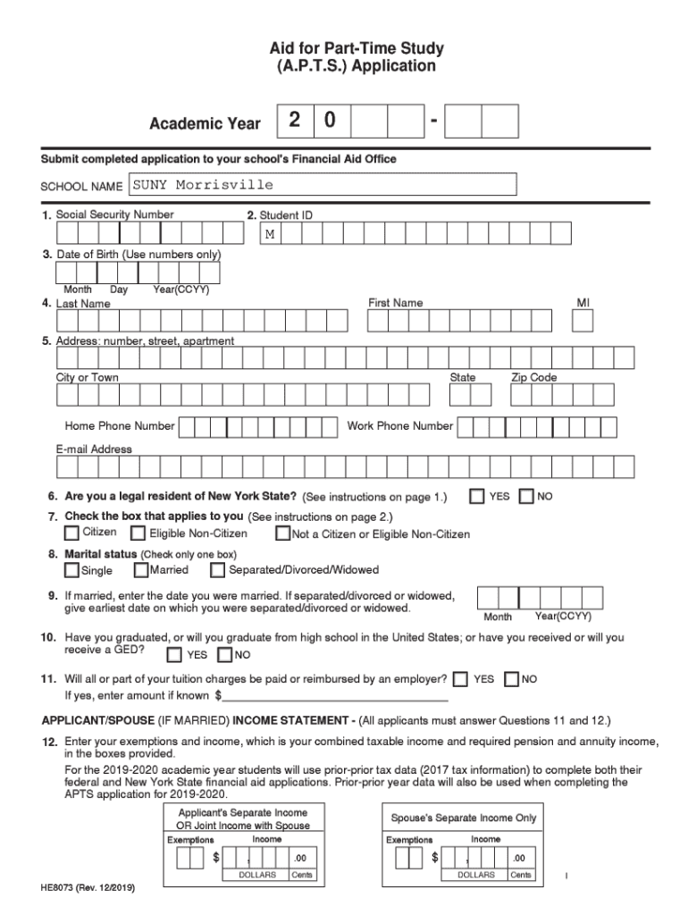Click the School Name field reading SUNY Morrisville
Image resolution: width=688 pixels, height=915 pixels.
pyautogui.click(x=323, y=185)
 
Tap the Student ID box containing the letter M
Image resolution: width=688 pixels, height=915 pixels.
pyautogui.click(x=269, y=234)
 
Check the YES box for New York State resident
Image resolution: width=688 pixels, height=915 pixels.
pyautogui.click(x=478, y=496)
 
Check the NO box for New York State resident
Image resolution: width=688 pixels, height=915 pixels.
pyautogui.click(x=526, y=496)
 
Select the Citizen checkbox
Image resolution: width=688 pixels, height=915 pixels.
pyautogui.click(x=71, y=533)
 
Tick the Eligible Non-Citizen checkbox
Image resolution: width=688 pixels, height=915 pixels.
pyautogui.click(x=138, y=533)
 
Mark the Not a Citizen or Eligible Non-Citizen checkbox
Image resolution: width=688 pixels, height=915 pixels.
pyautogui.click(x=282, y=534)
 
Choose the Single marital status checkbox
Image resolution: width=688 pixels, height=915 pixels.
pyautogui.click(x=71, y=570)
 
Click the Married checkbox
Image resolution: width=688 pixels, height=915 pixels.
pyautogui.click(x=141, y=570)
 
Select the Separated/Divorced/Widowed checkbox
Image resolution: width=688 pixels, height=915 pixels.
pyautogui.click(x=218, y=570)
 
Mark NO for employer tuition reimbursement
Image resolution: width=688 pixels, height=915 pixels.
pyautogui.click(x=512, y=680)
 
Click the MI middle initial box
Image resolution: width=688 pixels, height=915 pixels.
pyautogui.click(x=583, y=320)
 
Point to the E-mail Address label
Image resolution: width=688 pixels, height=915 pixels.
pyautogui.click(x=94, y=449)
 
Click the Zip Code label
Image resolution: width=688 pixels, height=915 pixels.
pyautogui.click(x=533, y=378)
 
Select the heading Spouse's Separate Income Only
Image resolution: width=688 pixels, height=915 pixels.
pyautogui.click(x=464, y=818)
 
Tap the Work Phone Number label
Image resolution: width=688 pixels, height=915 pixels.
pyautogui.click(x=400, y=426)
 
